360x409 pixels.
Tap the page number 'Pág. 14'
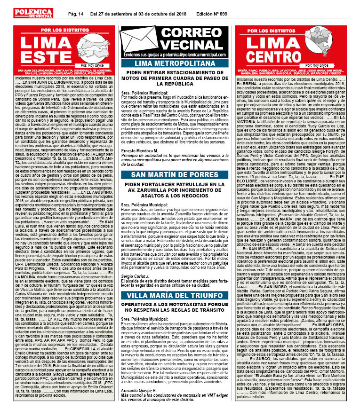click(x=76, y=13)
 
